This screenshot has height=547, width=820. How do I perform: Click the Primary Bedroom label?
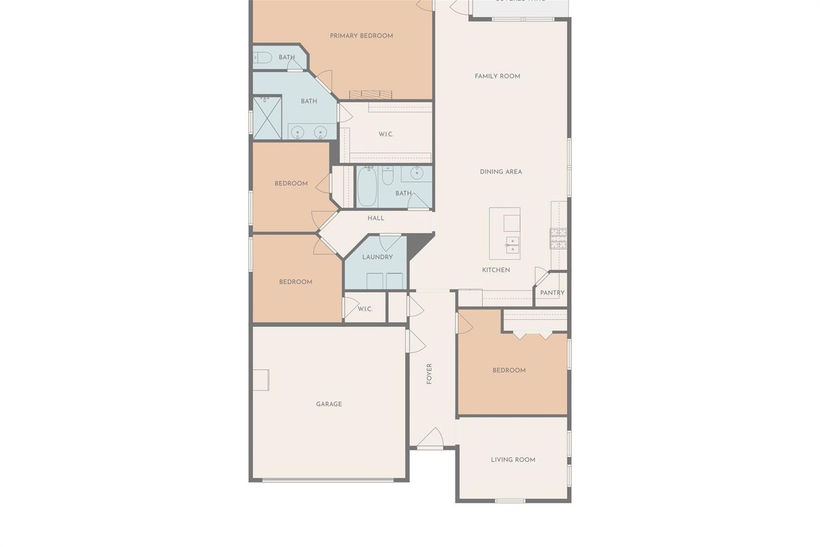coord(361,36)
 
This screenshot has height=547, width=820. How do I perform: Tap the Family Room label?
coord(497,76)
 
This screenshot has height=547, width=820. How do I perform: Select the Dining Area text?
coord(500,172)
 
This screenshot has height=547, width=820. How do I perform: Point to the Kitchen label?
coord(496,270)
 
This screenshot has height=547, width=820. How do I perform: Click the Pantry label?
coord(552,293)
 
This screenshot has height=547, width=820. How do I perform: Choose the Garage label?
coord(328,404)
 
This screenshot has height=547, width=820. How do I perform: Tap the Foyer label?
coord(429,374)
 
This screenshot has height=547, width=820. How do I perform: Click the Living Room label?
coord(513,460)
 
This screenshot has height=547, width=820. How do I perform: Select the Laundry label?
coord(377,257)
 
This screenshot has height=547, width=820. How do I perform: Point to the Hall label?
coord(375,218)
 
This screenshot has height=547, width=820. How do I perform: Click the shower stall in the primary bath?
coord(267,118)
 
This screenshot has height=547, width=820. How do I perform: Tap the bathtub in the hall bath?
coord(366,186)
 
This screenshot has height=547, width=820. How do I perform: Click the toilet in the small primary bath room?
coord(262,58)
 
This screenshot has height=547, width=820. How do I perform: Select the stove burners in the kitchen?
coord(558,237)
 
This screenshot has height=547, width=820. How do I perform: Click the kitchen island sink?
coord(512,244)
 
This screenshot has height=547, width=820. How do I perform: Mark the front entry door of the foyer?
coord(430,440)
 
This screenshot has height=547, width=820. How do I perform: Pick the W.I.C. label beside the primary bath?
coord(386,135)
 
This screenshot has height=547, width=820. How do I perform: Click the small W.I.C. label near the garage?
coord(364,309)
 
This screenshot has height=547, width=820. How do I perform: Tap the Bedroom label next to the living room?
coord(509,371)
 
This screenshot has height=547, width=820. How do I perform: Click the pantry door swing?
coord(541,276)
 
